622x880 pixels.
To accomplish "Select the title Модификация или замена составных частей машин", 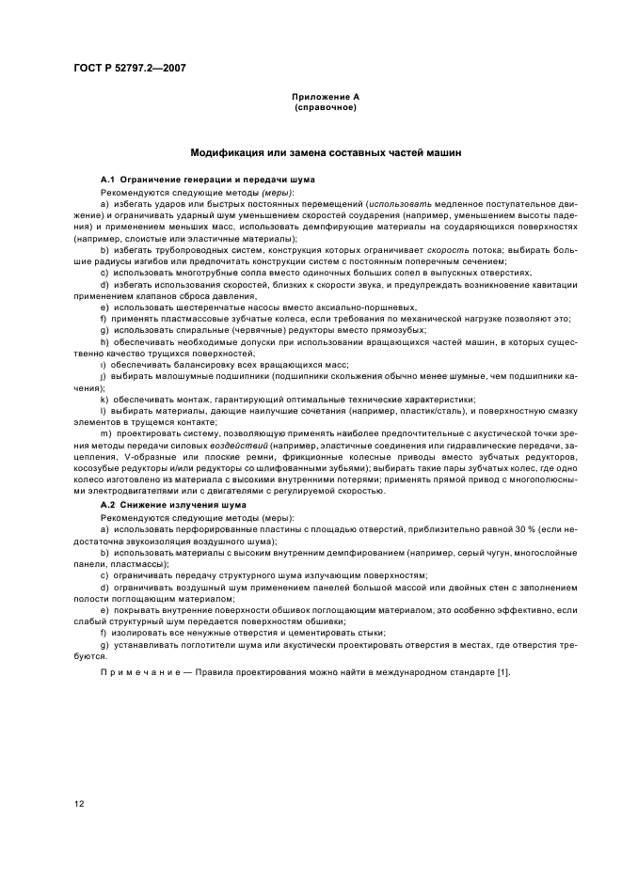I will [x=326, y=151].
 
